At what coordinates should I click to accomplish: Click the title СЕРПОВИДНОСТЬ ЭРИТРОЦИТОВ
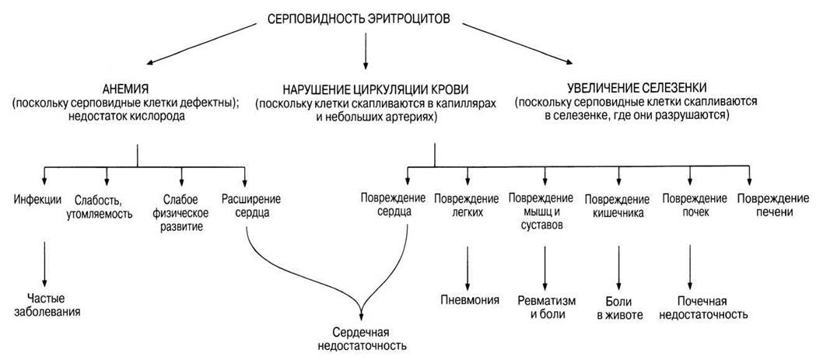[x=359, y=19]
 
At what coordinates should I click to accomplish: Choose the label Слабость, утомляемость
[x=104, y=207]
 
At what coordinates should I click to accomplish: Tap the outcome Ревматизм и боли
[x=547, y=308]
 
